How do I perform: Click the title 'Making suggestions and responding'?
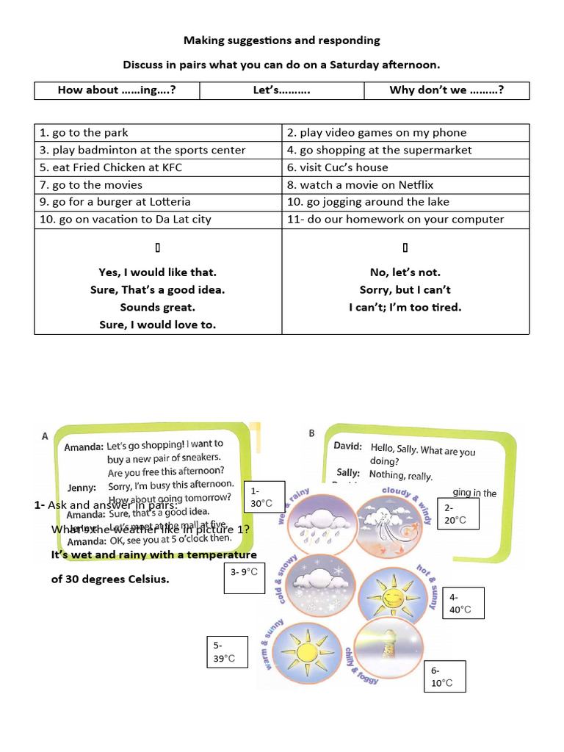coord(281,40)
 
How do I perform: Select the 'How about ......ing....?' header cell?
coord(117,90)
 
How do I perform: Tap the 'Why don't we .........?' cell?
coord(446,90)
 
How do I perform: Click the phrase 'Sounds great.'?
coord(158,307)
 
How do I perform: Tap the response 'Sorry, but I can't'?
coord(405,289)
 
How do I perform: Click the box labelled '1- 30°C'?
coord(262,497)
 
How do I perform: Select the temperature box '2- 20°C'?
coord(458,514)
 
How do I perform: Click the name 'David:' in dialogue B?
coord(347,446)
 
